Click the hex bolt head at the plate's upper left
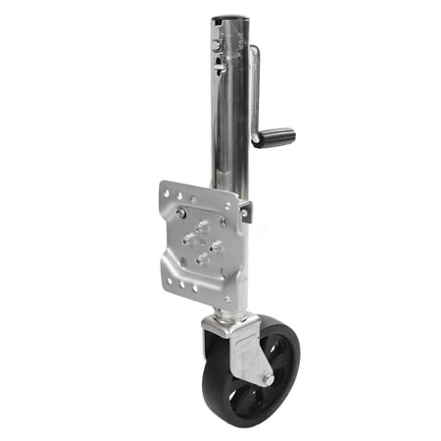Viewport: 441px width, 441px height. pyautogui.click(x=181, y=213)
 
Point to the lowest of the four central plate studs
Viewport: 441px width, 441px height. pyautogui.click(x=202, y=259)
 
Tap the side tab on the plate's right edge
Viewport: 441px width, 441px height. pyautogui.click(x=245, y=209)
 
